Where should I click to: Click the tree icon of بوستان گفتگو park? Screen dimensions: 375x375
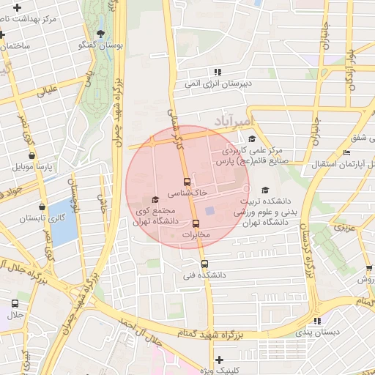100,33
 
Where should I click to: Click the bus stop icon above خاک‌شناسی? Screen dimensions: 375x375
187,181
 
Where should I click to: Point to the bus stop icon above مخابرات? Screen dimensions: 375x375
196,223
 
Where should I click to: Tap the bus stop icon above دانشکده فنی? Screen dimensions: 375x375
204,264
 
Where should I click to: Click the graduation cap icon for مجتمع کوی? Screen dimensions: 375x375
155,200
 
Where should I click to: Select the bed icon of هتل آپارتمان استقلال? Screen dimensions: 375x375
346,152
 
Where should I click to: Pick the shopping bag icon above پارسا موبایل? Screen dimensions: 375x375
31,155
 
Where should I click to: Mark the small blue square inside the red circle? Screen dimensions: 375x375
209,212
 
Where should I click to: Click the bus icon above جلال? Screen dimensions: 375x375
15,303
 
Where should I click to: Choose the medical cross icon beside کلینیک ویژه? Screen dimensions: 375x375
219,360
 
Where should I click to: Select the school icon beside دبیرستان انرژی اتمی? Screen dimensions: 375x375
217,72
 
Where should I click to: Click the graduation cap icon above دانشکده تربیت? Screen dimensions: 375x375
264,190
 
